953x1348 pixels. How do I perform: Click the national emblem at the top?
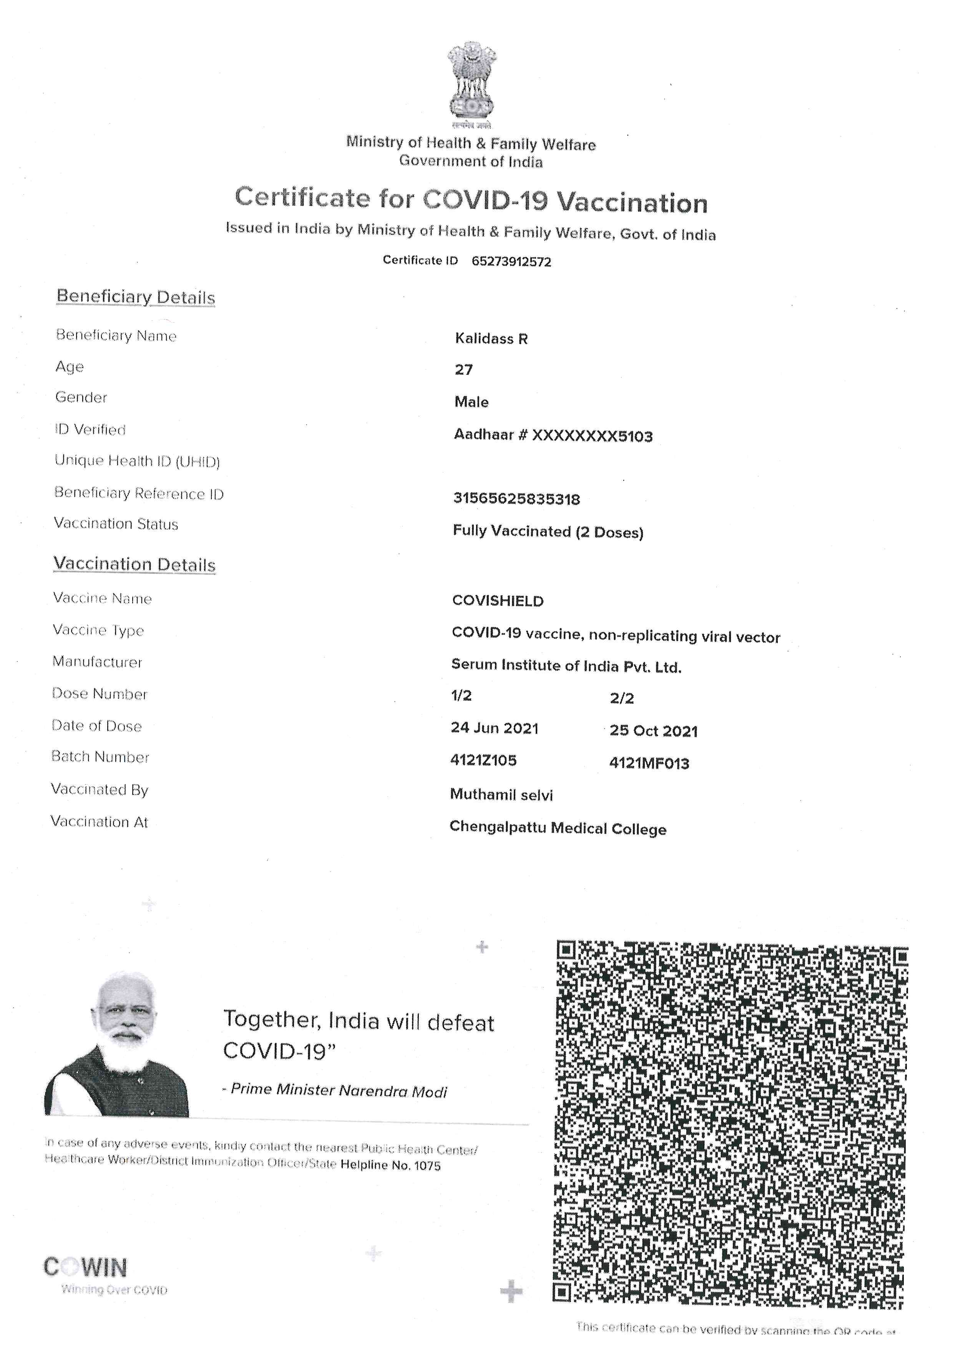click(471, 82)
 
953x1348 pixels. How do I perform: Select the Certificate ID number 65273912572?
click(511, 262)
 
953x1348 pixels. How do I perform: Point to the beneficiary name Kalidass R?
click(491, 339)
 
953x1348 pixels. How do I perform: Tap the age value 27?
click(463, 370)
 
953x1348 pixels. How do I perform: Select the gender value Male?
click(471, 402)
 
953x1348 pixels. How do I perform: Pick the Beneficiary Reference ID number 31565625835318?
click(516, 499)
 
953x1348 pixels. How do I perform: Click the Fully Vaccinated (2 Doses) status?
click(548, 532)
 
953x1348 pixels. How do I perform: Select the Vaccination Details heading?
click(134, 564)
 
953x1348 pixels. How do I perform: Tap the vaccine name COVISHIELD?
click(498, 601)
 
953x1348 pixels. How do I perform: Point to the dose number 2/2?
click(621, 698)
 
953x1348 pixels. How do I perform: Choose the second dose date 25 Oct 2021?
click(653, 731)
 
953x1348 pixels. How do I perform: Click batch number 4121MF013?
click(649, 763)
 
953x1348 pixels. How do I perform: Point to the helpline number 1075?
click(427, 1165)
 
